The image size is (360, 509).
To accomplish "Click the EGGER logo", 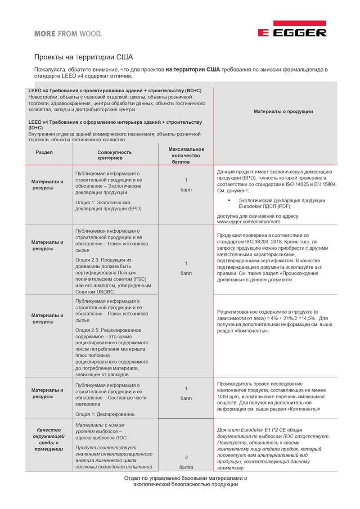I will click(292, 29).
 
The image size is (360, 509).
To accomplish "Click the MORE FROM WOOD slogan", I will click(68, 33).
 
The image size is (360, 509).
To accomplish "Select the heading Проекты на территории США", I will click(84, 58).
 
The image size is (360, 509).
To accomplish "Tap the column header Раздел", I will click(44, 153).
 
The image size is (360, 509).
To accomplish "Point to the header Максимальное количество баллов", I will click(186, 155).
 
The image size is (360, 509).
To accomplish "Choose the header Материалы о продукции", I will click(283, 112).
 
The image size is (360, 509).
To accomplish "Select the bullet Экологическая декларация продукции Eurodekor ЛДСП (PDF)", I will click(282, 203).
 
